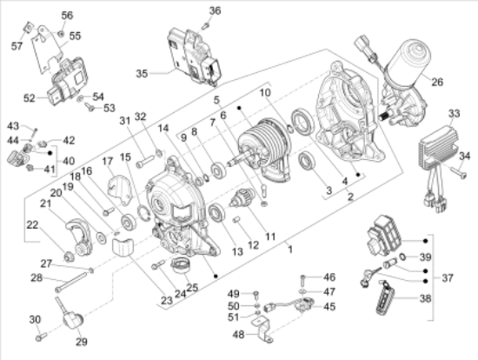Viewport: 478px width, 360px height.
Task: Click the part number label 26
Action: point(437,82)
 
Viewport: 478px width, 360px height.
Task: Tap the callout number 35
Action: point(142,74)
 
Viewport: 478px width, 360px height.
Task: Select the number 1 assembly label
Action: point(290,250)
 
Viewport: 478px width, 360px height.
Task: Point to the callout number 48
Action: point(238,335)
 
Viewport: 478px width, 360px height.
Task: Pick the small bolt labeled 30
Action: point(41,337)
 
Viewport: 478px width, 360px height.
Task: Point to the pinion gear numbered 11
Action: point(240,197)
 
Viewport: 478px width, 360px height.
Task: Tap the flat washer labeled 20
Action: point(101,238)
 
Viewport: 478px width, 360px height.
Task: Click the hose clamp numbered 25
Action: point(181,265)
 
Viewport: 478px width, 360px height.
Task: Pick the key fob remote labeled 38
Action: point(386,297)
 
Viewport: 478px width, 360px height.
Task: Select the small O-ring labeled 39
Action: point(402,257)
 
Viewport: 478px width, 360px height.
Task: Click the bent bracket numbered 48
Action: point(262,329)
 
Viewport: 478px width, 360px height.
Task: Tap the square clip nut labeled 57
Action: point(28,27)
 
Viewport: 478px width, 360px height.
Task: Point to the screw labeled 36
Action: point(205,25)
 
